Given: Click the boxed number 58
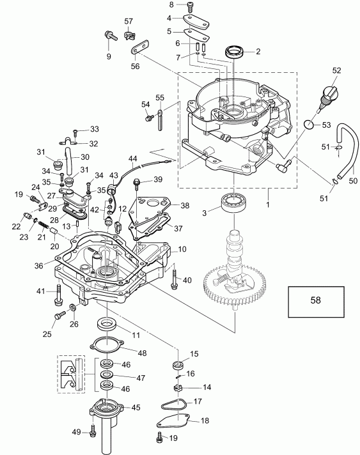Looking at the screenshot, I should point(317,298).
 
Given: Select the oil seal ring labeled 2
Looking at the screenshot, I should point(233,50).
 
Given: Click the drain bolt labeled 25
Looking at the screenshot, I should point(59,315).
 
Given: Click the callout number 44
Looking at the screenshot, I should point(133,158).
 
